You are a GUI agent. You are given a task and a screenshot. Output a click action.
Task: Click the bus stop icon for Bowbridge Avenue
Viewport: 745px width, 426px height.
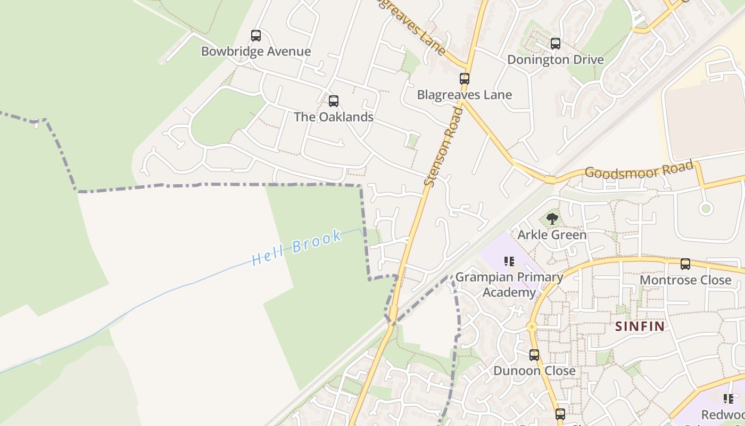(x=256, y=36)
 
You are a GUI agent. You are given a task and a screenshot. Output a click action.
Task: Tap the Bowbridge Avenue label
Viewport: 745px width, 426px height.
(x=256, y=52)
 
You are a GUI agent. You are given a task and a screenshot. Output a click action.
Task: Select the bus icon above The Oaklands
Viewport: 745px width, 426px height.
(x=334, y=101)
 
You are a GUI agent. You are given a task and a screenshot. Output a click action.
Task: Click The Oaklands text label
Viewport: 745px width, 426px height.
(x=334, y=117)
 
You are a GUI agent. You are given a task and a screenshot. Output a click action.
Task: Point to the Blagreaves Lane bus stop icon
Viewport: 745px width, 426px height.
(x=465, y=79)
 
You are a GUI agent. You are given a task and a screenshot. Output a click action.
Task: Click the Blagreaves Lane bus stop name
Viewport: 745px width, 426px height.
(x=465, y=95)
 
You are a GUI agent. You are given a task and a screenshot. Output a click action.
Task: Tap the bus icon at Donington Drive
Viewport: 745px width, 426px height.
(x=556, y=44)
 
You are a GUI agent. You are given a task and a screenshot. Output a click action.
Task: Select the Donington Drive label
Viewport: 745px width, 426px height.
(x=556, y=60)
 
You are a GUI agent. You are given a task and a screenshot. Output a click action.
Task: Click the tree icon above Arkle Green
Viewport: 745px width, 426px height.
(x=552, y=218)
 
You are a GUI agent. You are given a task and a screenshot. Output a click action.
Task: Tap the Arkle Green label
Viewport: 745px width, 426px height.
(x=552, y=235)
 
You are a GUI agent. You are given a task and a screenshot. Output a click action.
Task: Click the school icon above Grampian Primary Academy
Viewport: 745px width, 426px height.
(x=509, y=261)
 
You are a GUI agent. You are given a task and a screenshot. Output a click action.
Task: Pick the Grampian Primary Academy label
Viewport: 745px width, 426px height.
(x=509, y=285)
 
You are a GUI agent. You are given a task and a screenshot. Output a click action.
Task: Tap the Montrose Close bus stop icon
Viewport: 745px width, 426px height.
(x=685, y=264)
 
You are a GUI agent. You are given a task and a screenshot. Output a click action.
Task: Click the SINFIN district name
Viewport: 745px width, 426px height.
(x=640, y=326)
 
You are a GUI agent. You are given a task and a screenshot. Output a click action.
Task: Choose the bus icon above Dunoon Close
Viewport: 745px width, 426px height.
(x=534, y=355)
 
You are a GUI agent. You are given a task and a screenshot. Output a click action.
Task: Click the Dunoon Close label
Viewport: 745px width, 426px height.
(x=534, y=371)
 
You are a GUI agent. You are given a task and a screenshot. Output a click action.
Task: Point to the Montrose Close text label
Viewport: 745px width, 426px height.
(x=685, y=280)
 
